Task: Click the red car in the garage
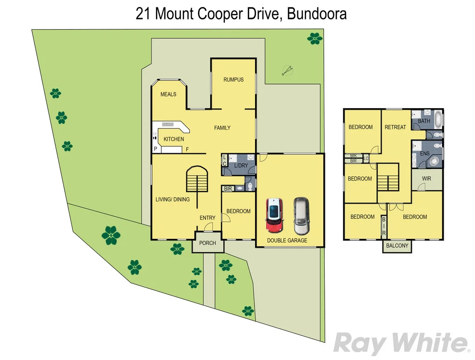point(274,215)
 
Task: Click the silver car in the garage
point(301,216)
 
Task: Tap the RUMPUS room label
point(233,79)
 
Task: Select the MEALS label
point(168,94)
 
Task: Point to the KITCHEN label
point(173,139)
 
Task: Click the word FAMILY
point(222,128)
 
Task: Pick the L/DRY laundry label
point(241,166)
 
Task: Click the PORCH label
point(207,243)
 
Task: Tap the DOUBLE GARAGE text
point(287,240)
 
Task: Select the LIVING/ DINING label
point(173,199)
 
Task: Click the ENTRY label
point(207,218)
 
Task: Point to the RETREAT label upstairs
point(395,127)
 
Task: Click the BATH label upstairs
point(424,121)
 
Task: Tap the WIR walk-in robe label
point(427,179)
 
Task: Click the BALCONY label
point(397,246)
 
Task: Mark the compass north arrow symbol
point(288,71)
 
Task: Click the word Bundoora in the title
point(317,14)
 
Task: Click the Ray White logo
point(401,344)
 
